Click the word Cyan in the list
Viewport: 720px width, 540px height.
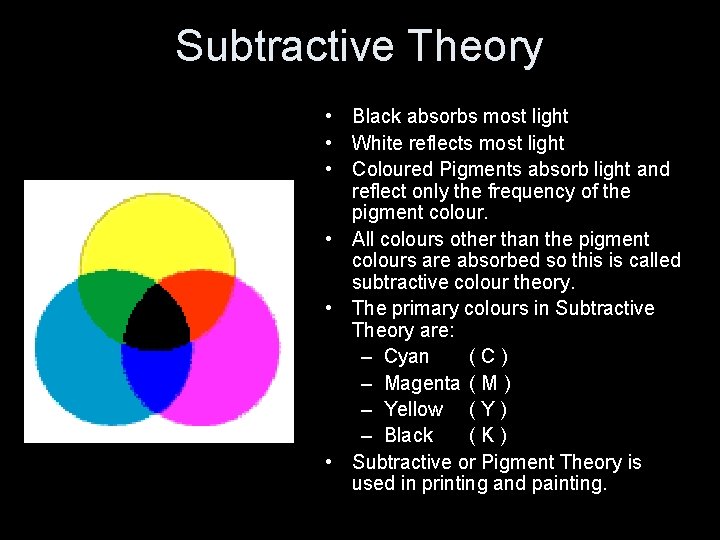[x=406, y=357]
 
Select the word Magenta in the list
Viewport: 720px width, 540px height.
[x=421, y=383]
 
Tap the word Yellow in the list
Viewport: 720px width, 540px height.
[x=413, y=409]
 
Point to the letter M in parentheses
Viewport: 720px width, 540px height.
[x=490, y=383]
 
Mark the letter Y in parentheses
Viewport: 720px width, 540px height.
[x=487, y=409]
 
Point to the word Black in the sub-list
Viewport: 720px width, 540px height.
[x=408, y=435]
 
